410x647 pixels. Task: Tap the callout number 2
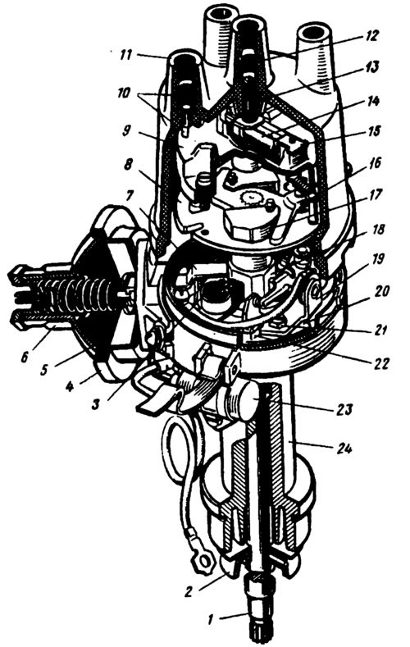pyautogui.click(x=188, y=592)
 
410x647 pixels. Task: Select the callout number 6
pyautogui.click(x=25, y=356)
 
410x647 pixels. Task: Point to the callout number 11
pyautogui.click(x=125, y=54)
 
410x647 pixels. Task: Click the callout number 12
pyautogui.click(x=370, y=35)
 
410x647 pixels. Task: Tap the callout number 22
pyautogui.click(x=379, y=363)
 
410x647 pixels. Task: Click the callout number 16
pyautogui.click(x=374, y=163)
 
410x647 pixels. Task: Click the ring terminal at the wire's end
pyautogui.click(x=203, y=560)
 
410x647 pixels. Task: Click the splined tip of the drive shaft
pyautogui.click(x=258, y=632)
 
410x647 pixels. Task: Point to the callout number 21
pyautogui.click(x=379, y=330)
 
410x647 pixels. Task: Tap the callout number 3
pyautogui.click(x=96, y=403)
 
